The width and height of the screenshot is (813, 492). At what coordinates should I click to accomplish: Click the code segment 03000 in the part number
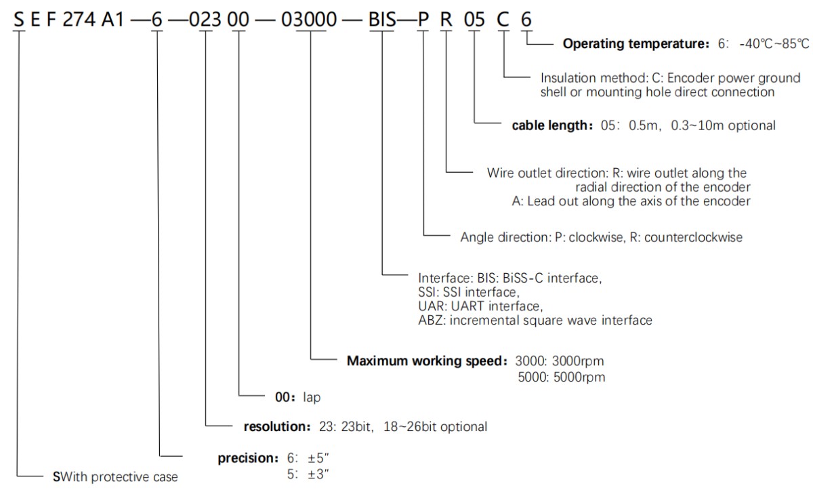point(309,20)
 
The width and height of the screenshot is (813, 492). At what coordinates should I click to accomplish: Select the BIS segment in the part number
point(383,20)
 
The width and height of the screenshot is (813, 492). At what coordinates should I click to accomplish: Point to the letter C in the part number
point(502,20)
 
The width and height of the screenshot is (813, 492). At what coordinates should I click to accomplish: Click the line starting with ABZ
point(535,321)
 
